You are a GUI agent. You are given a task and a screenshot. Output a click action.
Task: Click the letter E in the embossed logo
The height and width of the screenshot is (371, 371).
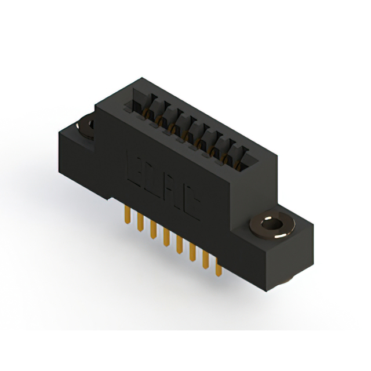(x=133, y=166)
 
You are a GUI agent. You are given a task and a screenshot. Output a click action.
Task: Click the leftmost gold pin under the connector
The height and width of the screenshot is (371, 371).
(x=126, y=216)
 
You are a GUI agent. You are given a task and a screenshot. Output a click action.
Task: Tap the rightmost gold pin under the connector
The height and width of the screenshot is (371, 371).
(x=218, y=268)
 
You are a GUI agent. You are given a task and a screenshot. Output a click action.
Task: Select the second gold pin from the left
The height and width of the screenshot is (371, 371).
(x=140, y=223)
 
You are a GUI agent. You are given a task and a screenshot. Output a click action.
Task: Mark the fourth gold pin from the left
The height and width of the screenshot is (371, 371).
(x=166, y=237)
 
